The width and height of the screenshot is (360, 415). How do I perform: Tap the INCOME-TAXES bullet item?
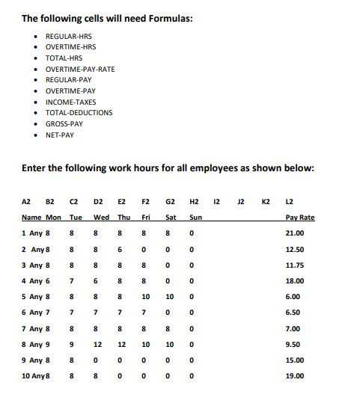[x=70, y=102]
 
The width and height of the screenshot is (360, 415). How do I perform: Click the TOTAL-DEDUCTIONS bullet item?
[x=79, y=113]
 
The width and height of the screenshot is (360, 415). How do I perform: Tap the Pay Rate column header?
[x=300, y=217]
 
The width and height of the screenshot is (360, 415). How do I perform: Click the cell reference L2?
[x=290, y=201]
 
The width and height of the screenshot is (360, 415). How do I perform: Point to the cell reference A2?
[x=26, y=201]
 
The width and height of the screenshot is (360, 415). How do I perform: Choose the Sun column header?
[x=196, y=217]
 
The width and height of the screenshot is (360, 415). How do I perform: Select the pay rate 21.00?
[x=296, y=233]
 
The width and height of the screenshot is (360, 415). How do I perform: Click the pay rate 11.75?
[x=296, y=265]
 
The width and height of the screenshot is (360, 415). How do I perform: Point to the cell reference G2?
[x=170, y=201]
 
